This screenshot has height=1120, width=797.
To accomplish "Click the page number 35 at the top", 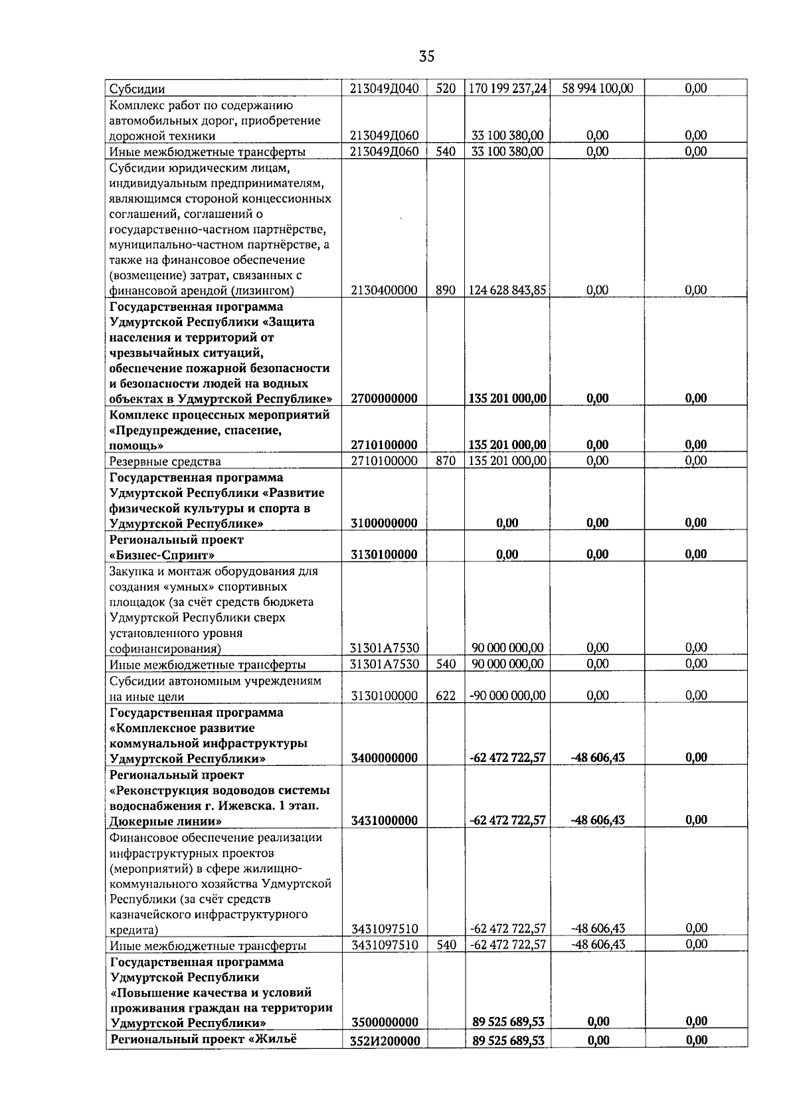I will (x=427, y=56).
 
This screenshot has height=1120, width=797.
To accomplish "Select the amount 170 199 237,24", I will (x=508, y=88).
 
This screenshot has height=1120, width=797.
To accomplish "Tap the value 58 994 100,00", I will (x=598, y=88).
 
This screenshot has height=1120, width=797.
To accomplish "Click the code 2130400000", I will (x=384, y=290).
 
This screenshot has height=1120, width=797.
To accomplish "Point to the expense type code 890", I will (x=446, y=290).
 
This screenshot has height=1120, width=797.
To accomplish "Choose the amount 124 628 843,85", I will (x=508, y=290).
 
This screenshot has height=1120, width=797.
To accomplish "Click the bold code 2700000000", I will (x=384, y=399).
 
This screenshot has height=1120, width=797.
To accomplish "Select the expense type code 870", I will (x=446, y=461).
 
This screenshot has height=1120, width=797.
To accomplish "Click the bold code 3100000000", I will (x=384, y=523).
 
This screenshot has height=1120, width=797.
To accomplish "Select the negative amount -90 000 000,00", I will (x=508, y=696).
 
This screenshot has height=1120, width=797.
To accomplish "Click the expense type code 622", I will (x=446, y=696).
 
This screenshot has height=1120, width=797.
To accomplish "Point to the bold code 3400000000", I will (x=384, y=758).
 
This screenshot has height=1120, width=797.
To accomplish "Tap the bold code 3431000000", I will (x=384, y=820).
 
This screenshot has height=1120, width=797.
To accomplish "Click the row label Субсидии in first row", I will (x=137, y=89).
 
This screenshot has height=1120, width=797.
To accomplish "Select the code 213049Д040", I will (x=384, y=88).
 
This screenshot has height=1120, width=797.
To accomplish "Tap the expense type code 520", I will (x=446, y=88).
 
